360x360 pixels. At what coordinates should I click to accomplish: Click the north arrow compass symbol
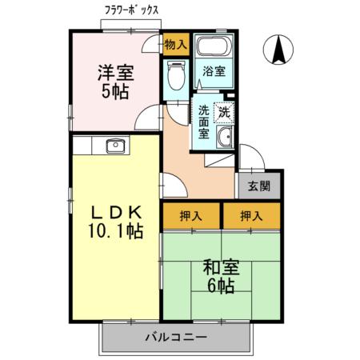coord(280,51)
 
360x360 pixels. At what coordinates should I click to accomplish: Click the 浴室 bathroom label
coord(213,70)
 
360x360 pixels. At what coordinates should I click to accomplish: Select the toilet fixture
coord(174,75)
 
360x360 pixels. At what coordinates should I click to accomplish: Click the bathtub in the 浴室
coord(213,46)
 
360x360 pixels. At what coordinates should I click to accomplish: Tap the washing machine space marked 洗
coord(225,112)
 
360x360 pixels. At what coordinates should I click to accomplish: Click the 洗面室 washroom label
coord(205,124)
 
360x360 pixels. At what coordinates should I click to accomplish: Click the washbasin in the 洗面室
coord(225,137)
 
